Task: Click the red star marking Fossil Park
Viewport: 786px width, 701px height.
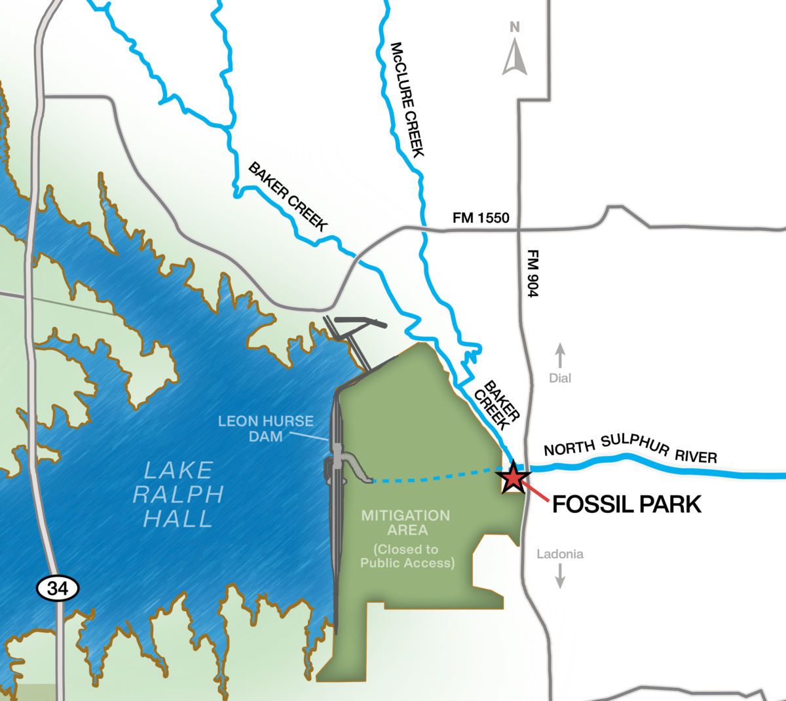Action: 513,478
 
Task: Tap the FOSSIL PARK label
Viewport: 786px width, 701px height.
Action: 627,504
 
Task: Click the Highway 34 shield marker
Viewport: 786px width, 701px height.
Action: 58,588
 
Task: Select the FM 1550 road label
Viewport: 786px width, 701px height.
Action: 481,218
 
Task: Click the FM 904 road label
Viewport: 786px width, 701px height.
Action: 533,273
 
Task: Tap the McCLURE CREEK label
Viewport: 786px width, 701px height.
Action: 407,100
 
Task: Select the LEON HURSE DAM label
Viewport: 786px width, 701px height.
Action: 266,428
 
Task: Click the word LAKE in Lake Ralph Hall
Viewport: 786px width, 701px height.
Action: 178,470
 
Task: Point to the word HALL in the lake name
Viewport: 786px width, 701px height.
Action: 178,519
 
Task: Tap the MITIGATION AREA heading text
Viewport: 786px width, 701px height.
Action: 406,522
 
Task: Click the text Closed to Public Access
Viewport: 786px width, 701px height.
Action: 407,556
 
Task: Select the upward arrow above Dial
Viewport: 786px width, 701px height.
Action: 560,356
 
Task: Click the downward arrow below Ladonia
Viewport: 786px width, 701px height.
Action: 560,576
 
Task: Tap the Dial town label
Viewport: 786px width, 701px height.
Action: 560,378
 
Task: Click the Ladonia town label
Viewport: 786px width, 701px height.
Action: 560,554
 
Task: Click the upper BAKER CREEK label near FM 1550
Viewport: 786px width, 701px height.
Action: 288,197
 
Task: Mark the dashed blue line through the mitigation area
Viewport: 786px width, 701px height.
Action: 432,478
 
